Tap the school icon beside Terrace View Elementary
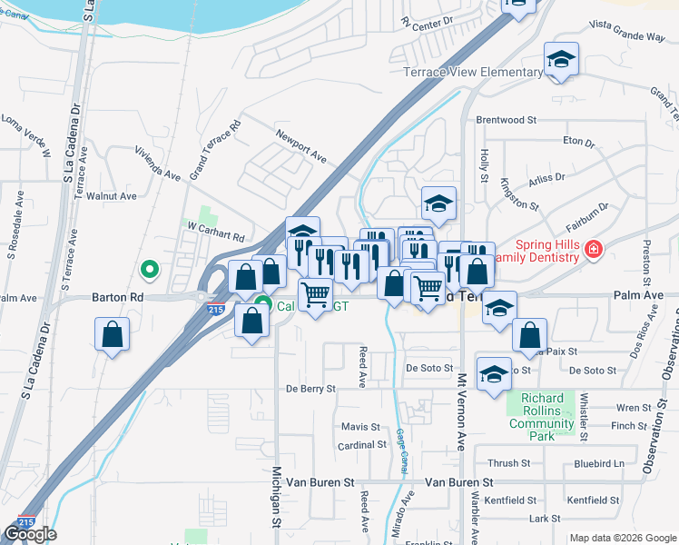pyautogui.click(x=562, y=61)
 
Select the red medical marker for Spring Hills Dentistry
pyautogui.click(x=594, y=248)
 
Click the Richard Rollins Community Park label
pyautogui.click(x=542, y=411)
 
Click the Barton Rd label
pyautogui.click(x=118, y=297)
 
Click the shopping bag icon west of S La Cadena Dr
pyautogui.click(x=113, y=334)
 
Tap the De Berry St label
pyautogui.click(x=310, y=388)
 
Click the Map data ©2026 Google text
pyautogui.click(x=622, y=538)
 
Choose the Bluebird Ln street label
pyautogui.click(x=600, y=463)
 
